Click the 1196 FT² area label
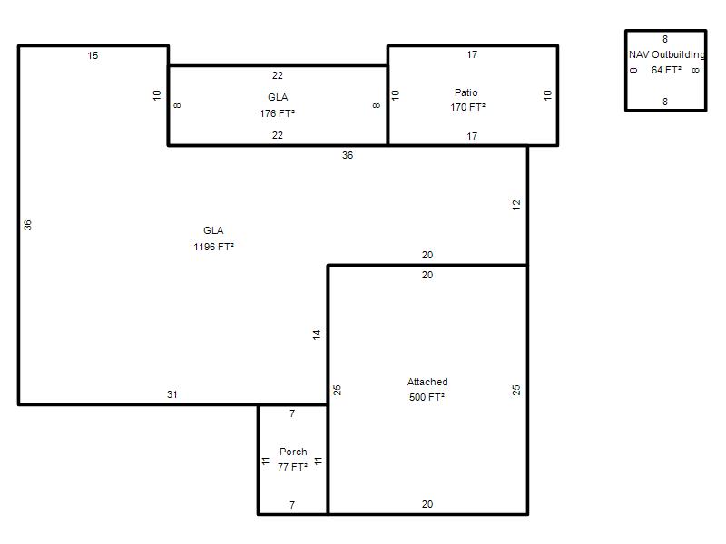(213, 247)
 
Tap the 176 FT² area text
(278, 113)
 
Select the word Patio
(466, 92)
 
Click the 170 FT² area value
(467, 107)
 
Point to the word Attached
(427, 382)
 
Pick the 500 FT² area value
(427, 397)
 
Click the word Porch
(293, 452)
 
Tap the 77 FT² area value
(292, 467)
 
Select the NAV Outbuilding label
(666, 54)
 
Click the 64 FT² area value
(666, 70)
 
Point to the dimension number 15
(93, 55)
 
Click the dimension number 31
(172, 394)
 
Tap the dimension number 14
(317, 335)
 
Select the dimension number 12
(516, 205)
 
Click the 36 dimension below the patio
(348, 155)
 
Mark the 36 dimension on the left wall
(28, 225)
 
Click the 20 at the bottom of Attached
(427, 504)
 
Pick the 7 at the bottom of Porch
(292, 505)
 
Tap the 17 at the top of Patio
(472, 54)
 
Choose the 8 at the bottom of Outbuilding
(665, 102)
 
